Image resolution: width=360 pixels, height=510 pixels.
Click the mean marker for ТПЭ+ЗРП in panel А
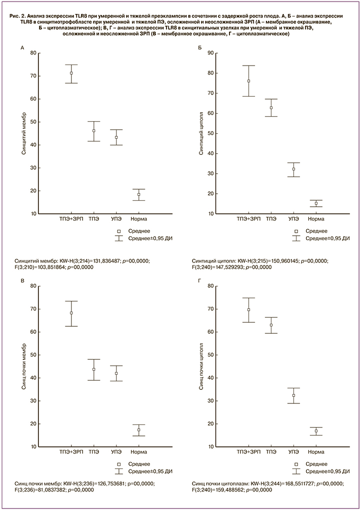[x=71, y=73]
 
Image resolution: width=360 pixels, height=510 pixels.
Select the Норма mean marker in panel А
[x=138, y=194]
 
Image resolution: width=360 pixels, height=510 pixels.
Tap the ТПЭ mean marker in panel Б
[x=271, y=108]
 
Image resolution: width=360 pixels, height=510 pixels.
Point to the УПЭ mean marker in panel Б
[x=293, y=169]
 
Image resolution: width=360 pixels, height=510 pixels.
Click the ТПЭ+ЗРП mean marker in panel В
[x=71, y=313]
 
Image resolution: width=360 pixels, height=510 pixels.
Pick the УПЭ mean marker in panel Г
[x=293, y=395]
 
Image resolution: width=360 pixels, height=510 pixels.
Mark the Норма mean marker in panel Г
[x=316, y=430]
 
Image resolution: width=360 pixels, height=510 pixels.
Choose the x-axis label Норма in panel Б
[x=316, y=220]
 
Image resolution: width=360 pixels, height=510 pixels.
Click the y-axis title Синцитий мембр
[x=24, y=133]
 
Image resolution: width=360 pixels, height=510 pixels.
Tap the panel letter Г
[x=199, y=281]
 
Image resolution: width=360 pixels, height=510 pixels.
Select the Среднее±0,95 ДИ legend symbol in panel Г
[x=296, y=471]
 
